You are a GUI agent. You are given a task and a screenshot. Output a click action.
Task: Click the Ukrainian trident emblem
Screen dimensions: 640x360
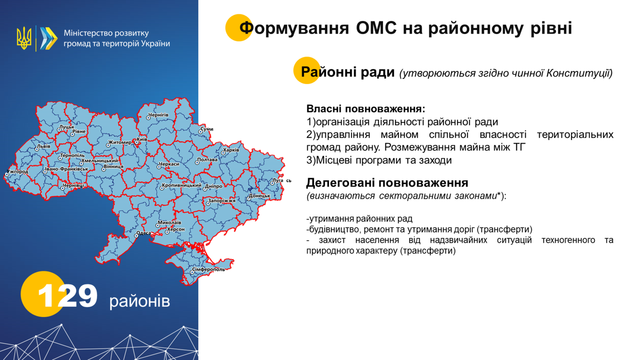pos(24,38)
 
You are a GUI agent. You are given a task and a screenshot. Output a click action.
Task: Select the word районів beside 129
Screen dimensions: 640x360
pos(140,301)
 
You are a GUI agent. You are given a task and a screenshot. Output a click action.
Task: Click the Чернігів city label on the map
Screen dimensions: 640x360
pos(158,115)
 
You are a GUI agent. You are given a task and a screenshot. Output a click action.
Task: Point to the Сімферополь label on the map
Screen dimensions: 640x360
pos(208,269)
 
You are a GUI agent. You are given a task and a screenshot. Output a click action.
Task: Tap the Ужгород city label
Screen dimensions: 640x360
pos(17,172)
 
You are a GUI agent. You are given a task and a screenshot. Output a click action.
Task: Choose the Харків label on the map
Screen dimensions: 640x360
pos(231,150)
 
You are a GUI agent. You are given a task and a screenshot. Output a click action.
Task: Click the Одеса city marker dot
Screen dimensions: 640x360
pos(136,236)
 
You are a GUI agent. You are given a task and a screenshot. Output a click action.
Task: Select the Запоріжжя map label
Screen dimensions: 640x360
pos(222,201)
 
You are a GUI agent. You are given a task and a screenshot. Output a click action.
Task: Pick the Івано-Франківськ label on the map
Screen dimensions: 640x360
pos(67,169)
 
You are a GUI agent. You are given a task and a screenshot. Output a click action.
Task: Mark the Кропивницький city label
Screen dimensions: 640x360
pos(182,185)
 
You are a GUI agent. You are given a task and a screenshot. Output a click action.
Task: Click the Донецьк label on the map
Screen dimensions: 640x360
pos(260,196)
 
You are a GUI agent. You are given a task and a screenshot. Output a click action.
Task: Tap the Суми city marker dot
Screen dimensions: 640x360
pos(200,132)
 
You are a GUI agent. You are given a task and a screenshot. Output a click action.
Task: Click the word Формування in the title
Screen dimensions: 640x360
pos(294,28)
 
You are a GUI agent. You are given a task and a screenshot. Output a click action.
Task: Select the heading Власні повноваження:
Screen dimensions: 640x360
pos(366,109)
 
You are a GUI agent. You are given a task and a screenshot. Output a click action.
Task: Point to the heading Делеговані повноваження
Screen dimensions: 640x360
pos(387,182)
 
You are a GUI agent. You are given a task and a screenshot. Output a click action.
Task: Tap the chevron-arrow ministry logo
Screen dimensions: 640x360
pos(49,38)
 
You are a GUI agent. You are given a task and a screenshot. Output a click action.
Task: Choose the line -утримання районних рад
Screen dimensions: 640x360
pos(359,219)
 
